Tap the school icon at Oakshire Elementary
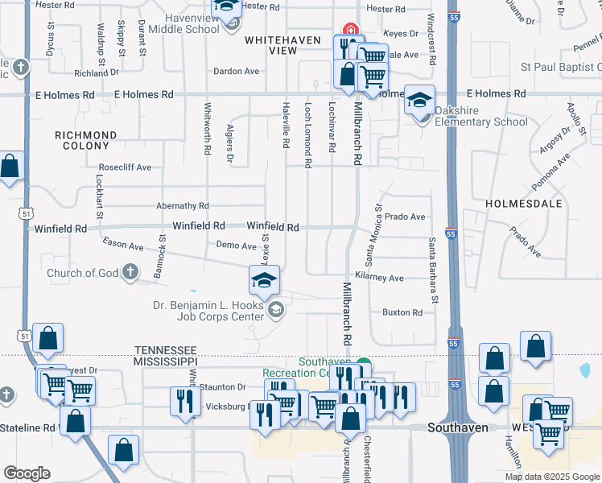click(x=419, y=101)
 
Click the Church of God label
click(x=82, y=273)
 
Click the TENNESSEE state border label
click(x=166, y=349)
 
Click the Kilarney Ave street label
click(x=384, y=278)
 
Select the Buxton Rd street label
click(x=402, y=312)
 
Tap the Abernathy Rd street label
click(x=183, y=206)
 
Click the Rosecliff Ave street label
click(x=126, y=167)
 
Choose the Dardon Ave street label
click(x=236, y=71)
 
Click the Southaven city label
click(x=458, y=427)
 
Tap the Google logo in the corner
click(x=27, y=473)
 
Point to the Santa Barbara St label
click(x=433, y=270)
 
